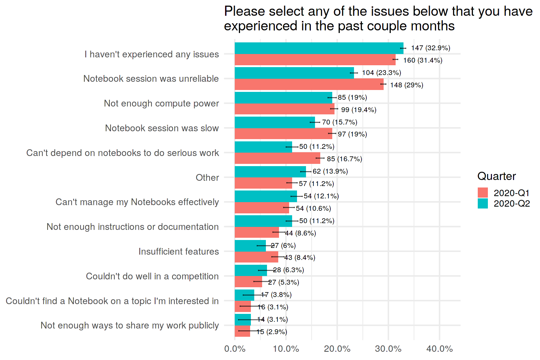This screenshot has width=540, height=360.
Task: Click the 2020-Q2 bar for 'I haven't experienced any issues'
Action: (319, 48)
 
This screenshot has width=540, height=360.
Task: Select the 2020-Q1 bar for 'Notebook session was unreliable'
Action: (309, 84)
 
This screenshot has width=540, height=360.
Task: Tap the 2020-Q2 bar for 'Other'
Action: (270, 171)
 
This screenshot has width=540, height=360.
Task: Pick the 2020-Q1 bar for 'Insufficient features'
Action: (256, 257)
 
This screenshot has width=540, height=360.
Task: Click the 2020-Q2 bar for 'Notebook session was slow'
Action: (274, 122)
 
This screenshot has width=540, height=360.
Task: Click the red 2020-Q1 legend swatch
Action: (483, 193)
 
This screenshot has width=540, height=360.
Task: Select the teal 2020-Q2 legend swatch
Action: (483, 203)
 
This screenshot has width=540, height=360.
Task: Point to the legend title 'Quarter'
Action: (496, 176)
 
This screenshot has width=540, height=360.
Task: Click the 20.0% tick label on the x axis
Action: (337, 349)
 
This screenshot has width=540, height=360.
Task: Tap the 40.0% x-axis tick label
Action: (439, 349)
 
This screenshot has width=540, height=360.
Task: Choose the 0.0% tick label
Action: (235, 349)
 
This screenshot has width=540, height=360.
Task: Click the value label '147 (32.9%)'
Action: (430, 48)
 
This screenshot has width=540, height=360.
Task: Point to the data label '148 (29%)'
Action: (406, 85)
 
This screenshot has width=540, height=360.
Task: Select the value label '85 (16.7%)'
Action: (344, 159)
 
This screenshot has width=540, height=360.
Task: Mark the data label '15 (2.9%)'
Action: (271, 332)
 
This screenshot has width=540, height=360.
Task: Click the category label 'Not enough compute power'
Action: (161, 103)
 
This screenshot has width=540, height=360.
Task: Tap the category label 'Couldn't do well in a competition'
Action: (152, 276)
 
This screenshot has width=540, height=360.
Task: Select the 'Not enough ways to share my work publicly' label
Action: (129, 325)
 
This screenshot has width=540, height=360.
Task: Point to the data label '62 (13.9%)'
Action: (330, 171)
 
